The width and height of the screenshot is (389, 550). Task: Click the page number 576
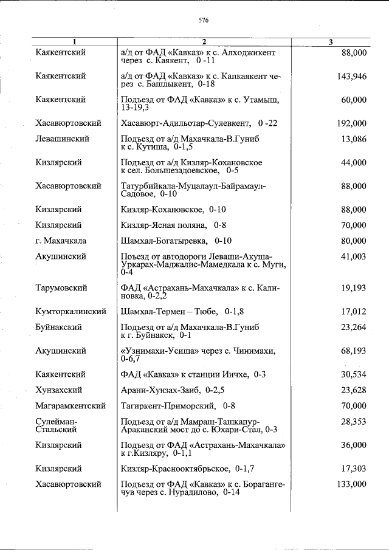[x=204, y=21]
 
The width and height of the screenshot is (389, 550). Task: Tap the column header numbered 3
[x=330, y=42]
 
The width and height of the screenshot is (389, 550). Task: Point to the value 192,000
[x=351, y=123]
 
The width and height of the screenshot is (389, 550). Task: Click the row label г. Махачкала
[x=61, y=241]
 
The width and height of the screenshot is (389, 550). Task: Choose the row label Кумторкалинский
[x=71, y=312]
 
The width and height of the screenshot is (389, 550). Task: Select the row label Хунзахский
[x=59, y=390]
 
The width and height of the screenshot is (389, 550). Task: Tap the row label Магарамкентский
[x=71, y=405]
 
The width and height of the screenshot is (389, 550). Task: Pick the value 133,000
[x=351, y=484]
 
